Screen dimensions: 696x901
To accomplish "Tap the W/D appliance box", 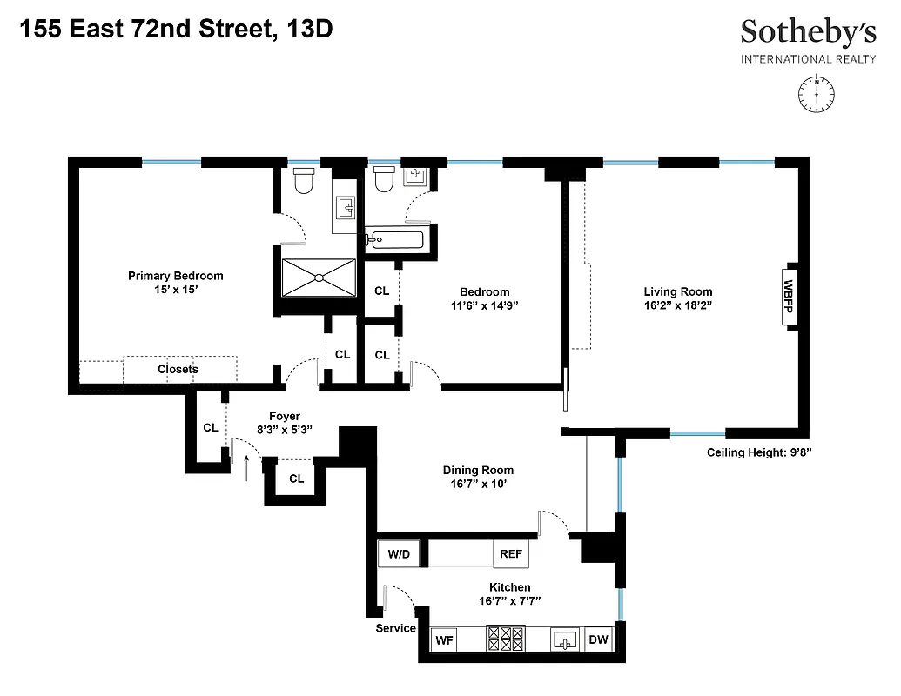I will pos(398,553).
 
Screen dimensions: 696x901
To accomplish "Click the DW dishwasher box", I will pos(598,640).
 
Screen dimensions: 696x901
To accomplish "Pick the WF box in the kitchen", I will pos(445,640).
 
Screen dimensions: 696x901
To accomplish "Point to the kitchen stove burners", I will pos(506,640).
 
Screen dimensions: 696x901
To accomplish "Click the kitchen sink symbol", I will pos(566,640).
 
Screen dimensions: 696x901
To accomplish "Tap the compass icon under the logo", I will pos(817,92).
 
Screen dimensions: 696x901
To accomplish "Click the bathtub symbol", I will pos(395,239).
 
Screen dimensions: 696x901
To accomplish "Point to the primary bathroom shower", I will pos(319,278).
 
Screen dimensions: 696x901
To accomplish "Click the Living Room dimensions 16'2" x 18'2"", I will pos(678,306).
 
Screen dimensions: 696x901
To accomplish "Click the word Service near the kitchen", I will pos(395,628).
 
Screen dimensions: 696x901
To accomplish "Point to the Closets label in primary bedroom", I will pos(178,369).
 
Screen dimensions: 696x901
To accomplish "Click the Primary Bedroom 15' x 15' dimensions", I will pos(176,291).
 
